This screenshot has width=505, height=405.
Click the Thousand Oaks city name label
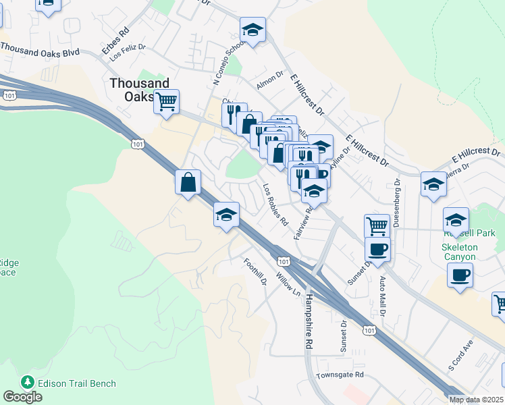[139, 89]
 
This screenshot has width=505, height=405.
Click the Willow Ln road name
[288, 283]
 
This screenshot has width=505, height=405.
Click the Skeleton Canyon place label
[459, 252]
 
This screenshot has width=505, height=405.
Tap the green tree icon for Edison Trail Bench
[28, 383]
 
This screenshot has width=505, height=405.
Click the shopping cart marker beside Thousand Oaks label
[166, 102]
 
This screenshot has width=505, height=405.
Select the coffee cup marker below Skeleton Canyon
[460, 275]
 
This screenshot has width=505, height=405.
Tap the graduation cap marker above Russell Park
[456, 220]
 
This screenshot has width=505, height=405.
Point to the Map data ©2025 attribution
[476, 400]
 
